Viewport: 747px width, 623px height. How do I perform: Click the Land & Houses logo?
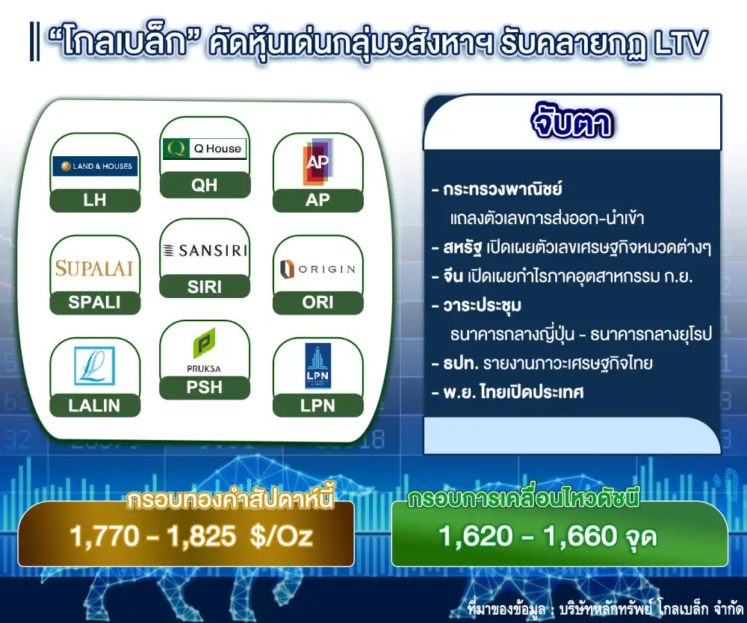95,167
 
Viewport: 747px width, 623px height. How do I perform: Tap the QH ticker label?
205,185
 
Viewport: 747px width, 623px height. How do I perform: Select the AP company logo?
317,162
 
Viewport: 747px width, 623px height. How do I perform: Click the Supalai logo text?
94,269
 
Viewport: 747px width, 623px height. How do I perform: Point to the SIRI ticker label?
205,287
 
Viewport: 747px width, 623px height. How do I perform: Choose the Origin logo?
317,269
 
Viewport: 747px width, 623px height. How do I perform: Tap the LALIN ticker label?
94,406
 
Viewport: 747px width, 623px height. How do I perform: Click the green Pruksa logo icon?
204,343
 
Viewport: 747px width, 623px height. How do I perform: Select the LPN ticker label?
317,406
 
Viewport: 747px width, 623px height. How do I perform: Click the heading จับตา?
571,123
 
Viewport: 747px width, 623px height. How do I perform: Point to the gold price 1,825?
202,536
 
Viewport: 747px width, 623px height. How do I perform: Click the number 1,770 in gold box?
105,536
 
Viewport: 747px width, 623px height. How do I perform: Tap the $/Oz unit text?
282,536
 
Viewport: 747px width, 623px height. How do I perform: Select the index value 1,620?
475,536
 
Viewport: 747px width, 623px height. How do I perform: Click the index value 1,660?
580,536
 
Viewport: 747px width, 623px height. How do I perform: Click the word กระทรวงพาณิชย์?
503,190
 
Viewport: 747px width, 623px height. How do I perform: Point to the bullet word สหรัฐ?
462,248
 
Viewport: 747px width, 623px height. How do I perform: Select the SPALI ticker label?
94,302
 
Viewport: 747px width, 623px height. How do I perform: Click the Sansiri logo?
205,250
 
